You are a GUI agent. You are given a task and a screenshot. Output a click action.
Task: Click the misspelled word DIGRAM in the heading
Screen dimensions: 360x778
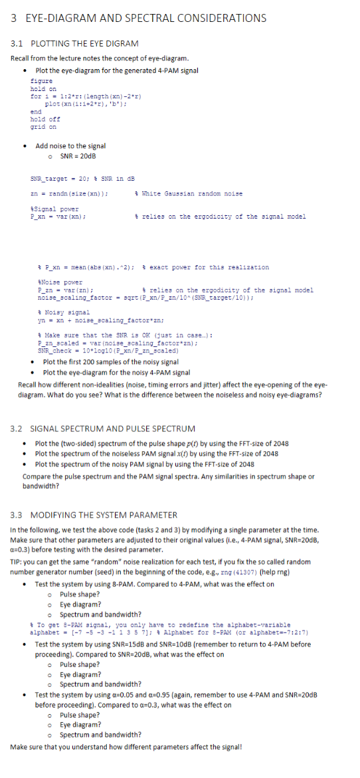click(122, 43)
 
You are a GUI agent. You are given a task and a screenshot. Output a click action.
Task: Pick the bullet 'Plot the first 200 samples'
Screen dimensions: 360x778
click(110, 343)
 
